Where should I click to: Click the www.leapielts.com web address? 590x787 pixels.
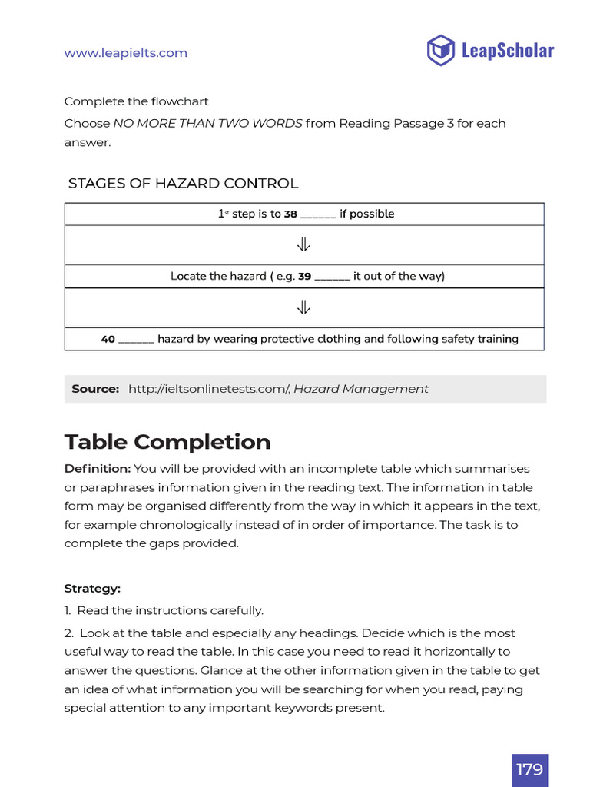tap(125, 53)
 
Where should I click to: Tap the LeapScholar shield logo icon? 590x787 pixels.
tap(440, 51)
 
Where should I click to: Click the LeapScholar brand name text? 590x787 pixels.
tap(507, 51)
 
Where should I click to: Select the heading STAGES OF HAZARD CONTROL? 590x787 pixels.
tap(183, 184)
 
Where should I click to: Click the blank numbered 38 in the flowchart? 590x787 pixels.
tap(318, 214)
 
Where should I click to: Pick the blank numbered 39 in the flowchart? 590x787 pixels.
tap(332, 277)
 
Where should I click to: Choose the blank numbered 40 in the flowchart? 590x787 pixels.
tap(137, 339)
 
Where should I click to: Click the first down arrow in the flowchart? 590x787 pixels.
tap(303, 245)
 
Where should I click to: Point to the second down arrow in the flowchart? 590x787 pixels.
tap(303, 307)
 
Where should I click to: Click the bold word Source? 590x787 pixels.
tap(95, 389)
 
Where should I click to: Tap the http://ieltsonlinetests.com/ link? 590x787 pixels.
tap(207, 389)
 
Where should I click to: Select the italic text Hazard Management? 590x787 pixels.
tap(361, 389)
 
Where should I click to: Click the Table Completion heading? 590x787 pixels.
tap(167, 442)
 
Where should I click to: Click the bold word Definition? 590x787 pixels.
tap(98, 469)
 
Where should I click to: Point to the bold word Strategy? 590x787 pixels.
tap(92, 589)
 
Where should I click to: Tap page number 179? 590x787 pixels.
tap(529, 769)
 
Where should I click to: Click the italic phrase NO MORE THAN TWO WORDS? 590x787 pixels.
tap(207, 124)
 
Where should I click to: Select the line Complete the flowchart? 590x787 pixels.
tap(136, 101)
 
